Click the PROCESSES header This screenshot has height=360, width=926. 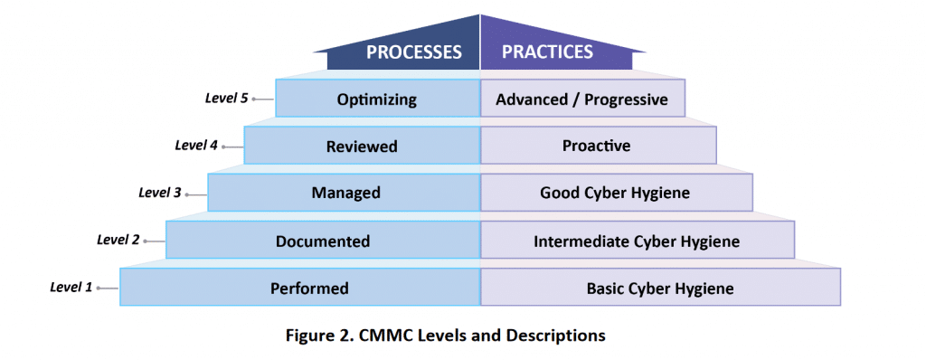coord(413,52)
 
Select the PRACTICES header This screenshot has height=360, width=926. coord(547,52)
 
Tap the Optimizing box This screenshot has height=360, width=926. coord(377,99)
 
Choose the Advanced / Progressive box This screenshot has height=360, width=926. coord(582,99)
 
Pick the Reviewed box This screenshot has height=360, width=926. coord(362,146)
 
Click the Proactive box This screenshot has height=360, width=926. coord(597,146)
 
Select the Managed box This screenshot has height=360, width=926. coord(345,193)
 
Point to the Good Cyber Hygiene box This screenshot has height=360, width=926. coord(615,193)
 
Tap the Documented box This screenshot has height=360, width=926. coord(323,241)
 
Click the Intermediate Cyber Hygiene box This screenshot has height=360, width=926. coord(637,241)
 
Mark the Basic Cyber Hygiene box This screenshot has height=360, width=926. coord(659,289)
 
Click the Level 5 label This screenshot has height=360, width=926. coord(226,98)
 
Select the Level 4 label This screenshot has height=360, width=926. coord(195,145)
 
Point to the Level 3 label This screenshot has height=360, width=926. coord(160,192)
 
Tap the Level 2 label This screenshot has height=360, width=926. coord(118,239)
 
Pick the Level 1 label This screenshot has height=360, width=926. coord(71,288)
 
